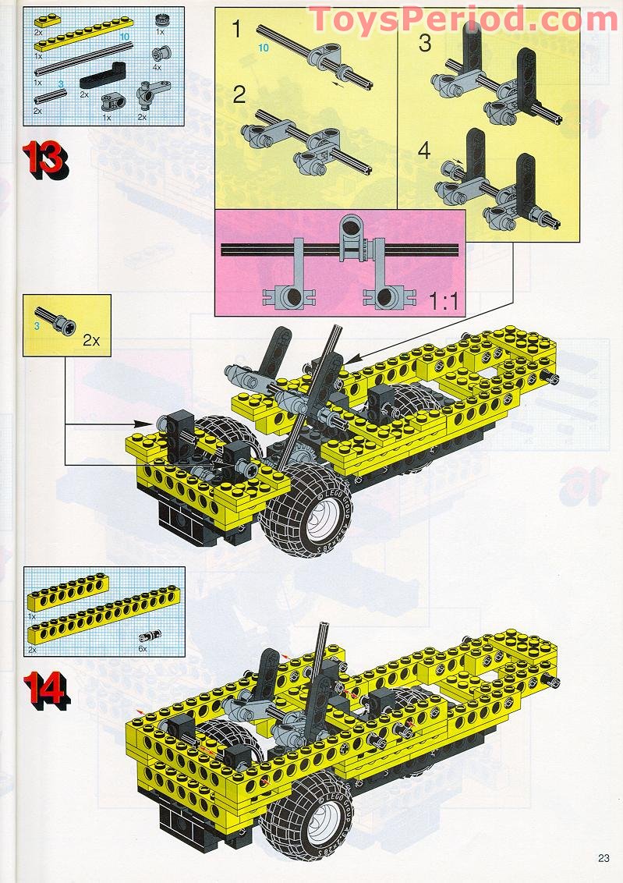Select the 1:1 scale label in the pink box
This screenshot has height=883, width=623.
click(x=444, y=301)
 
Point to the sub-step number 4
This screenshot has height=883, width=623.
click(x=423, y=151)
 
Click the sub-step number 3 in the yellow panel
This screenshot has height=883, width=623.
click(x=424, y=43)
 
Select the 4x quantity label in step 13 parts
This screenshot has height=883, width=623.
click(x=156, y=67)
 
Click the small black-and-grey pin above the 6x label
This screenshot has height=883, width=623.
click(x=147, y=636)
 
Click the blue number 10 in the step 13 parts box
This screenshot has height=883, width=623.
click(x=124, y=37)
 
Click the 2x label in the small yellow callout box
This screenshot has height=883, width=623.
click(x=91, y=341)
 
